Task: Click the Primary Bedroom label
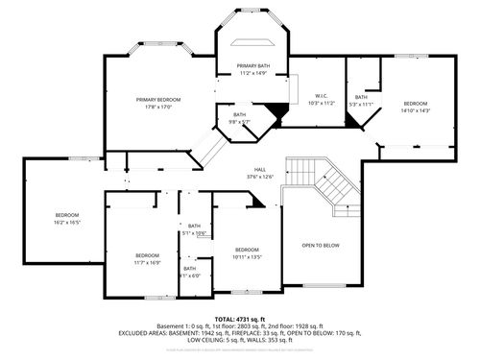coord(159,99)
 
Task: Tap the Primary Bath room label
coord(254,64)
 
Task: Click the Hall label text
coord(260,170)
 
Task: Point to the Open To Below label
coord(321,245)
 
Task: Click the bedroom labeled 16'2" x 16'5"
coord(67,214)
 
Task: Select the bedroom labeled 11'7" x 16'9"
coord(147,254)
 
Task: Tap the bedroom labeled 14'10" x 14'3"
coord(416,103)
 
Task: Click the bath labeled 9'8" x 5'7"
coord(239,115)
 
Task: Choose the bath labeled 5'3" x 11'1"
coord(361,97)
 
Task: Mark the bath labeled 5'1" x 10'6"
coord(195,227)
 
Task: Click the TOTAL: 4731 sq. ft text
coord(240,318)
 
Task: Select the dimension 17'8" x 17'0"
coord(159,106)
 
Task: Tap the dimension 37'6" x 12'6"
coord(260,177)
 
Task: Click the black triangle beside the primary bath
coord(279,113)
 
